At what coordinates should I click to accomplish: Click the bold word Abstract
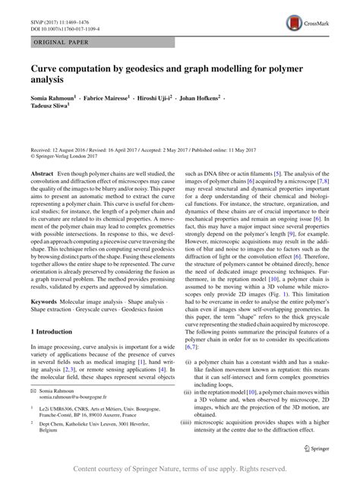click(x=43, y=174)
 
